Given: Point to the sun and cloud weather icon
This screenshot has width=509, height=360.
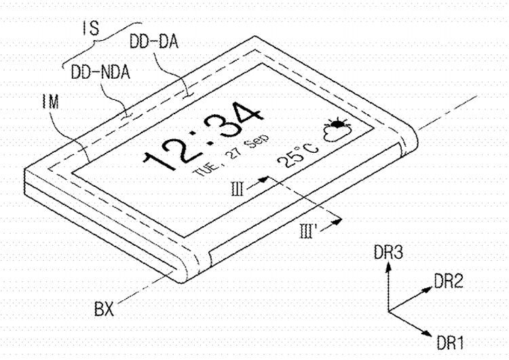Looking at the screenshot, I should tap(335, 130).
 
